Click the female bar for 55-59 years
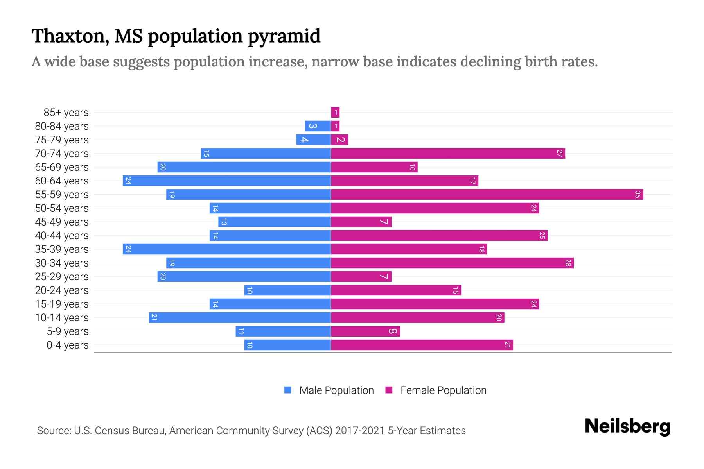(x=487, y=195)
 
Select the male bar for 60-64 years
(x=227, y=181)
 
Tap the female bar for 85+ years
(x=335, y=113)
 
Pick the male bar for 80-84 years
(x=318, y=126)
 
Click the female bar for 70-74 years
(x=448, y=154)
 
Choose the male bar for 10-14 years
(x=240, y=318)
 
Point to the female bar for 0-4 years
(x=422, y=345)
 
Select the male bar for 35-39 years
(x=227, y=249)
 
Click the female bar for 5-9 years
(x=365, y=331)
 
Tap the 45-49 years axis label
(x=62, y=222)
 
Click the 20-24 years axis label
(x=62, y=290)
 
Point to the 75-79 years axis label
(x=62, y=140)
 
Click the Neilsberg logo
(x=627, y=426)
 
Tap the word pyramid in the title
(x=284, y=36)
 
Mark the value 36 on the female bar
(x=637, y=195)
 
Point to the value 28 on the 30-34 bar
(x=568, y=263)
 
